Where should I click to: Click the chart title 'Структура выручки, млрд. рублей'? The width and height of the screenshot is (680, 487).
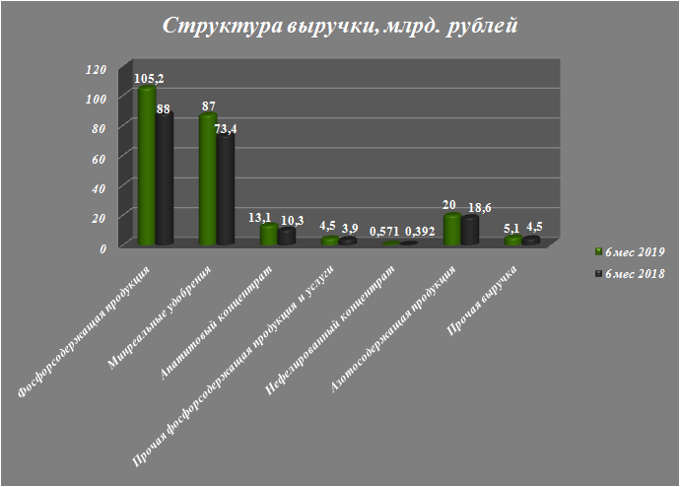click(339, 26)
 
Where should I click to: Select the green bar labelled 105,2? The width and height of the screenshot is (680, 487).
click(148, 168)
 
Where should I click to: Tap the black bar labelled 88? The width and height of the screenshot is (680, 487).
click(165, 177)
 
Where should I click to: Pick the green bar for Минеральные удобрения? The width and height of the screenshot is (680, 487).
click(208, 180)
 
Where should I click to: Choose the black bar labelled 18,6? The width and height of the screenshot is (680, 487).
click(470, 232)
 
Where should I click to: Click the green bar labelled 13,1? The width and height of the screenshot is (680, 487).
click(269, 235)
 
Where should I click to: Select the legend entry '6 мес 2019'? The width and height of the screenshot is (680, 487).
click(630, 251)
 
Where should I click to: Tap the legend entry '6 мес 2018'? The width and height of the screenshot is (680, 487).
click(630, 272)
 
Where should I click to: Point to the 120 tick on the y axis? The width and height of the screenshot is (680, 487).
click(95, 69)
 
